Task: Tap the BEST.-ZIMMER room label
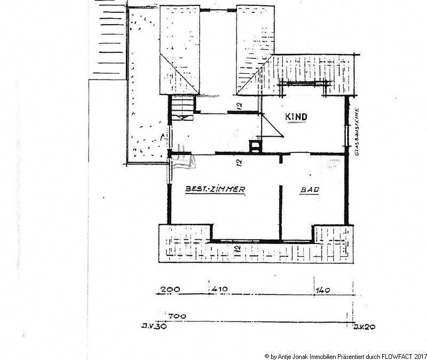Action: coord(215,189)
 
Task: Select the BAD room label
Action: coord(309,190)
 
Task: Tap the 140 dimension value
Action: coord(323,289)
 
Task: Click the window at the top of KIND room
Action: coord(306,83)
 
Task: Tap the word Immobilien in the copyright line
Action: coord(312,355)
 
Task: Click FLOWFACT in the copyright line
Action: coord(393,355)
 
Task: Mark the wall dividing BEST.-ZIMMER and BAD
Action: coord(280,198)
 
